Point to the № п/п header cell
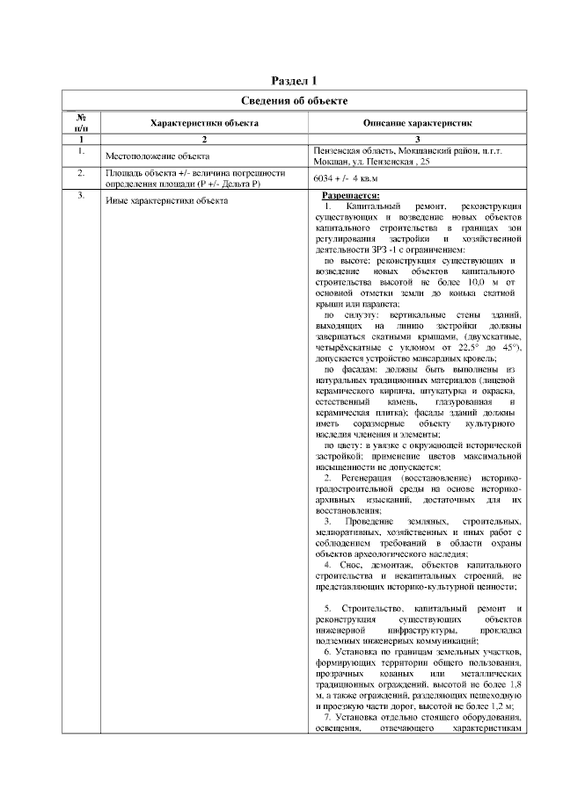click(x=80, y=124)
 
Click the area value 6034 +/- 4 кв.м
click(x=348, y=177)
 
